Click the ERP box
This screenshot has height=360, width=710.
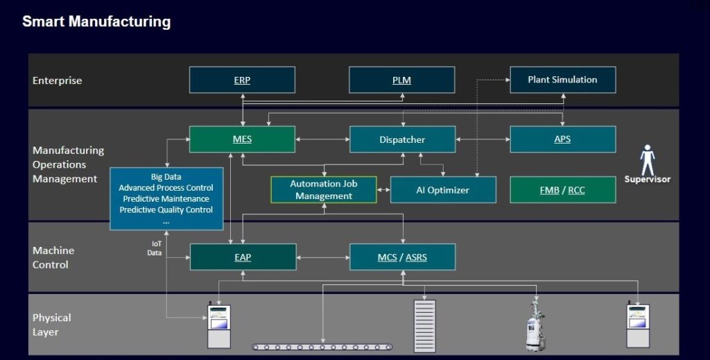coord(242,80)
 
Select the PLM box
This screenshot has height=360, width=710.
coord(401,80)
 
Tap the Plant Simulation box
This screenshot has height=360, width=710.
coord(562,80)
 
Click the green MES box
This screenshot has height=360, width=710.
coord(242,139)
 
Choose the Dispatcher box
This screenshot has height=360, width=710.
coord(402,139)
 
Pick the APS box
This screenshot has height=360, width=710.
coord(562,139)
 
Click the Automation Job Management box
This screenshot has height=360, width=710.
coord(324,190)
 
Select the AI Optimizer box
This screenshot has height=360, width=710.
coord(443,190)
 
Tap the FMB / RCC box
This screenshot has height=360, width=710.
coord(562,190)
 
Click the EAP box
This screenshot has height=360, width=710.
coord(243,257)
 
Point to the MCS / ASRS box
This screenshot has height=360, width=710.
coord(402,257)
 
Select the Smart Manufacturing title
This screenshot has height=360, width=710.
coord(96,22)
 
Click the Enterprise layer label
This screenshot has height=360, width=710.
coord(58,80)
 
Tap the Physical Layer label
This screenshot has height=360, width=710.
coord(52,325)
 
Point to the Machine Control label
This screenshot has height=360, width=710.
coord(53,257)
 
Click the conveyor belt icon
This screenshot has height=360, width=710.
coord(322,346)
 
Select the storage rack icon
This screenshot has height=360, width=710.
coord(424,325)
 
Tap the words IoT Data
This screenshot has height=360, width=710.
coord(155,248)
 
